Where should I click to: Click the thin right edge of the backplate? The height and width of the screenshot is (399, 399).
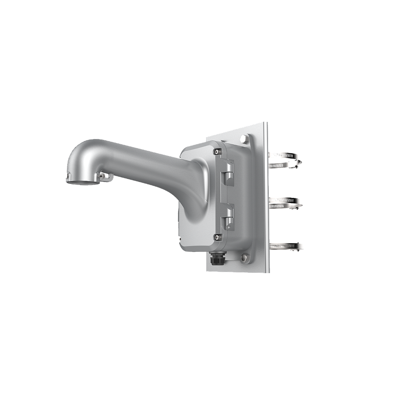pyautogui.click(x=266, y=195)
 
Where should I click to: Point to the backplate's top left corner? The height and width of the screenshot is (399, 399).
pyautogui.click(x=208, y=135)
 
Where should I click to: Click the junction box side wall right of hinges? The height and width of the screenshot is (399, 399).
pyautogui.click(x=242, y=195)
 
